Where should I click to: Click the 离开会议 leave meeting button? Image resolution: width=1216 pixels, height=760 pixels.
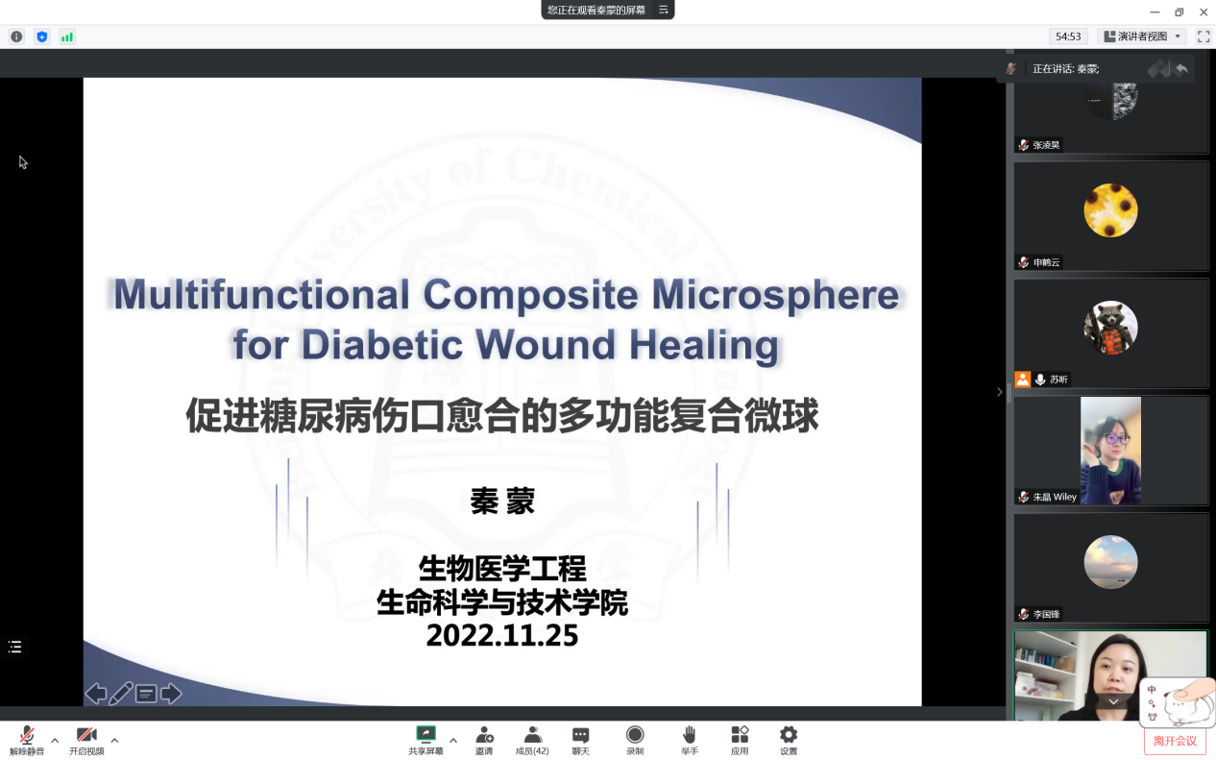click(1175, 742)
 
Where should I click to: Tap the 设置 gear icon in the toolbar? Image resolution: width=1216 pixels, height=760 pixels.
click(789, 735)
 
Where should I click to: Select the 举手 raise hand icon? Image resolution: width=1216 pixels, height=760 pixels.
click(690, 735)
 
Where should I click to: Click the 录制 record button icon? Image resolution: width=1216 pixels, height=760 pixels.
click(635, 735)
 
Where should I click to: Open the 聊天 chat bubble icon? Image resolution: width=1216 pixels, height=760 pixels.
click(580, 736)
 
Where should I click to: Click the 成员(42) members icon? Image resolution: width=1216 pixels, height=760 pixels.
click(532, 735)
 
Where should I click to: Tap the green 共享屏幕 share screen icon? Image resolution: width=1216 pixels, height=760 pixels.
click(426, 734)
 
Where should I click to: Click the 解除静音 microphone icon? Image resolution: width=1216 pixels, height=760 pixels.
click(27, 735)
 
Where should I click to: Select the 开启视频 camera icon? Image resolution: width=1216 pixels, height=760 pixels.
click(86, 735)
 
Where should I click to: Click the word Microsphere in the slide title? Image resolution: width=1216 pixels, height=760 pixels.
click(775, 295)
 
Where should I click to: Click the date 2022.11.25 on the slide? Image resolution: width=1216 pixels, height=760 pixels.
click(502, 636)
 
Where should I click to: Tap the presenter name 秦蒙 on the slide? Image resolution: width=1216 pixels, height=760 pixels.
click(502, 501)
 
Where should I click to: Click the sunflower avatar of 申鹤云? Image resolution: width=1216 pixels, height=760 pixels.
click(1110, 210)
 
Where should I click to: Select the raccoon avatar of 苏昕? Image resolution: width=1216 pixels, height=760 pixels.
click(1110, 328)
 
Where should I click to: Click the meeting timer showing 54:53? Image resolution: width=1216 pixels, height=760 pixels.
click(1068, 37)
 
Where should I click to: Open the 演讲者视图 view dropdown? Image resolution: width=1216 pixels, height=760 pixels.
click(1142, 37)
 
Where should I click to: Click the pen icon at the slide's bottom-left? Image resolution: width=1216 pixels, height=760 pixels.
click(121, 694)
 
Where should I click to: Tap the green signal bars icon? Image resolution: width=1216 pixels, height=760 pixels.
click(67, 37)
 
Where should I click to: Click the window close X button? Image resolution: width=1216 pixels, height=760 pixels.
click(1204, 12)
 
